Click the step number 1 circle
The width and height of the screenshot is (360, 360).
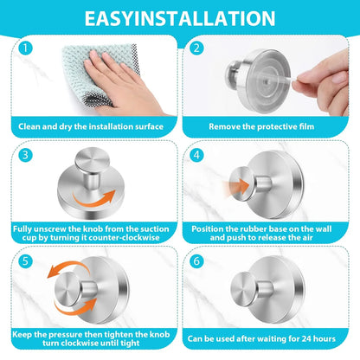pyautogui.click(x=25, y=48)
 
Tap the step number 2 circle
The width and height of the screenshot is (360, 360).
pyautogui.click(x=196, y=48)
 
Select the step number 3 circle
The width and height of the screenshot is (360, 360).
pyautogui.click(x=25, y=155)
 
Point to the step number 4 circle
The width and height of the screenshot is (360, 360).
pyautogui.click(x=196, y=155)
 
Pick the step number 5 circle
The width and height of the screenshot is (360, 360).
pyautogui.click(x=25, y=261)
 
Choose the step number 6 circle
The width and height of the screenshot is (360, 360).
pyautogui.click(x=196, y=261)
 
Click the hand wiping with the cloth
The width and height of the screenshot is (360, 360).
pyautogui.click(x=121, y=84)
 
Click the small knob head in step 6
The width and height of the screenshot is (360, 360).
pyautogui.click(x=244, y=289)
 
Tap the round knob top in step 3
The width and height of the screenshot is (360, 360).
pyautogui.click(x=92, y=159)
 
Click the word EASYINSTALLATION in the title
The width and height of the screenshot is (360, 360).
pyautogui.click(x=180, y=18)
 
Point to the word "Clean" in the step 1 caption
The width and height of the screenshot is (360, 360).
pyautogui.click(x=29, y=126)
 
